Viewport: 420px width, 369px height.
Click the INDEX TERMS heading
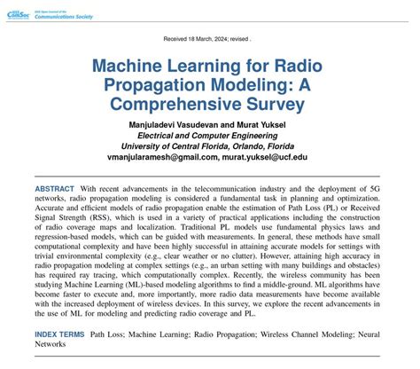click(x=60, y=335)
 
